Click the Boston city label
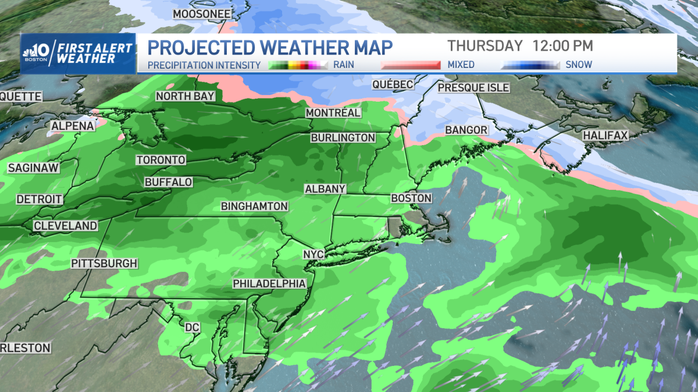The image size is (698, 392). [x=411, y=198]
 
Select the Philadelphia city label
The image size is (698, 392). [x=269, y=283]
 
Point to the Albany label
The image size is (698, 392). [x=325, y=189]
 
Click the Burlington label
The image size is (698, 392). [x=343, y=138]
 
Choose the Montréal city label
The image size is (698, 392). [x=333, y=113]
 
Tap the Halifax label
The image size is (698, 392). [x=606, y=135]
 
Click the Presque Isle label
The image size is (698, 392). [x=473, y=88]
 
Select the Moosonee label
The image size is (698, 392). [x=202, y=14]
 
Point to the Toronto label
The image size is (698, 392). [x=161, y=160]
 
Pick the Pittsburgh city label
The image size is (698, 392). [x=104, y=263]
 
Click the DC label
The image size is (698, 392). [x=192, y=328]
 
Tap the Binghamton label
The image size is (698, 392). [x=254, y=206]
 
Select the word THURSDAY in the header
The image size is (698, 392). [x=485, y=45]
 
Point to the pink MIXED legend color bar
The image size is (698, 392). [x=411, y=65]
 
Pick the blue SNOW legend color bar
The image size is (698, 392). [x=530, y=65]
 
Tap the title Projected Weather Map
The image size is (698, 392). [x=270, y=47]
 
